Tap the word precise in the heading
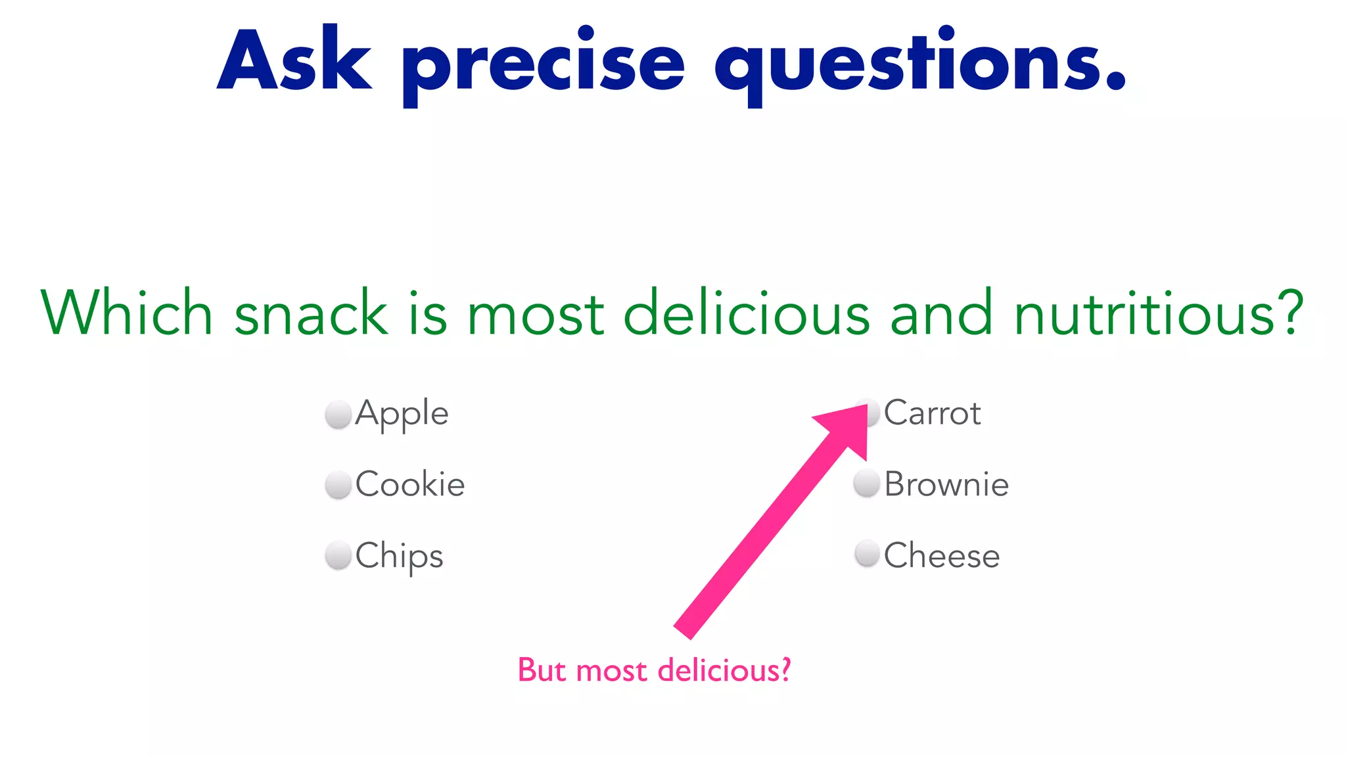click(544, 66)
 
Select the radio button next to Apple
click(338, 414)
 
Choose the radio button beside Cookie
click(338, 485)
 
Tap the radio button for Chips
click(338, 555)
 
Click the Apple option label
click(402, 414)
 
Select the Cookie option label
click(410, 484)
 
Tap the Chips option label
click(399, 557)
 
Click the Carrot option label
click(932, 413)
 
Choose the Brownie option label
click(946, 484)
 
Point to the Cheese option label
click(942, 555)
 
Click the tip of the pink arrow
click(866, 407)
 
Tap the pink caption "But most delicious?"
click(654, 670)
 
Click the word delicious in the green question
click(746, 313)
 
